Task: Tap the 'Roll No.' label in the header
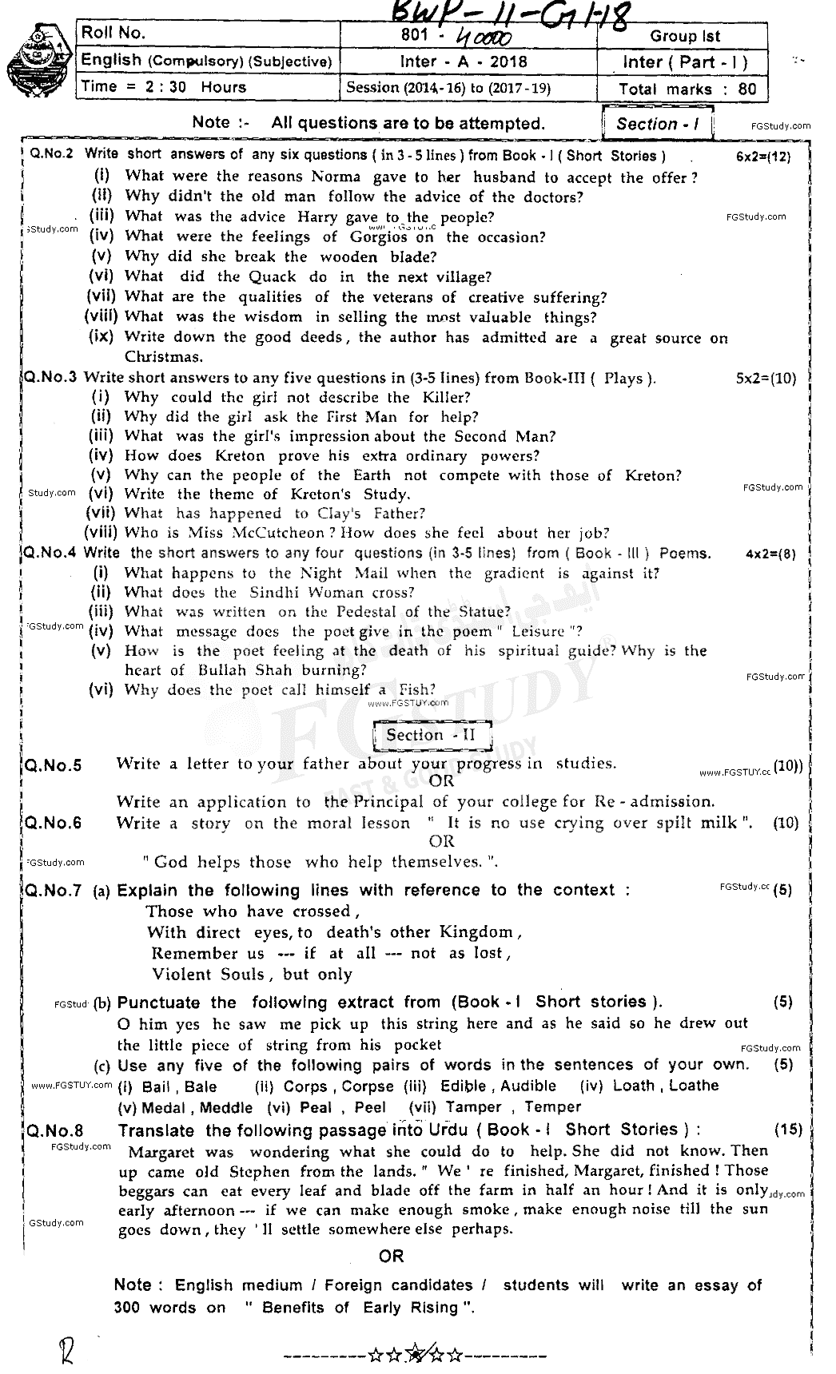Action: coord(113,33)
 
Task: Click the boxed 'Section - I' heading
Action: coord(658,124)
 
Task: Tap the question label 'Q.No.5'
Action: coord(54,766)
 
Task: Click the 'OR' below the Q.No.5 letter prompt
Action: coord(441,781)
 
